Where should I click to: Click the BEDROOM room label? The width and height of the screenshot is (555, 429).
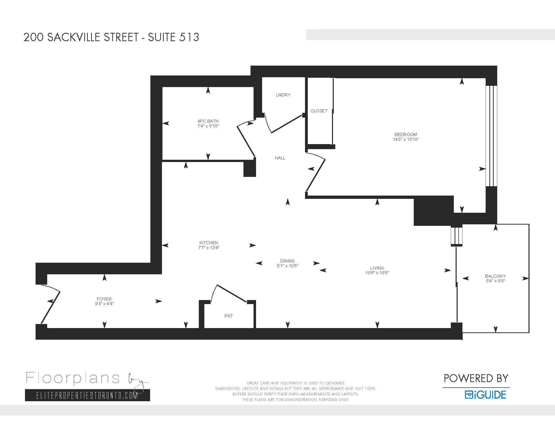pyautogui.click(x=406, y=135)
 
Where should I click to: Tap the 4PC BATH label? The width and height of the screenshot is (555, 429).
pyautogui.click(x=208, y=121)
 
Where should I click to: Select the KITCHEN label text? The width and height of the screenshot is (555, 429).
pyautogui.click(x=209, y=243)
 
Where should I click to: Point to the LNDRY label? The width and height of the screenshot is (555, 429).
pyautogui.click(x=283, y=95)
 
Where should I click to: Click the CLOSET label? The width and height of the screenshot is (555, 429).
pyautogui.click(x=319, y=111)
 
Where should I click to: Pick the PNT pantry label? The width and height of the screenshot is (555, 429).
pyautogui.click(x=229, y=316)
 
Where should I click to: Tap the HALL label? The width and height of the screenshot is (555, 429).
pyautogui.click(x=280, y=158)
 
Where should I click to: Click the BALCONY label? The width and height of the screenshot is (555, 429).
pyautogui.click(x=495, y=276)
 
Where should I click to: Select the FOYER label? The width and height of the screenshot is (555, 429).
pyautogui.click(x=104, y=299)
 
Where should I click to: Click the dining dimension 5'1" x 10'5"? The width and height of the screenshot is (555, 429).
pyautogui.click(x=287, y=266)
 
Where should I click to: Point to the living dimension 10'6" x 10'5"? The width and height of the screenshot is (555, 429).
pyautogui.click(x=377, y=273)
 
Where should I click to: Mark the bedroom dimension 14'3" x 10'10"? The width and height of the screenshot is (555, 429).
pyautogui.click(x=406, y=139)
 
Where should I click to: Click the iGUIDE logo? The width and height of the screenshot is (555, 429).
pyautogui.click(x=486, y=395)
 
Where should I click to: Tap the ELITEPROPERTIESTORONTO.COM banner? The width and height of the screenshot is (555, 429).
pyautogui.click(x=88, y=395)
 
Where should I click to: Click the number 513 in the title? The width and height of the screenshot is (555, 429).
pyautogui.click(x=189, y=37)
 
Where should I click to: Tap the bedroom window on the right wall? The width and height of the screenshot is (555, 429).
pyautogui.click(x=491, y=136)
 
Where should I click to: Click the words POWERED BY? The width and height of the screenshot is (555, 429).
pyautogui.click(x=476, y=379)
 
